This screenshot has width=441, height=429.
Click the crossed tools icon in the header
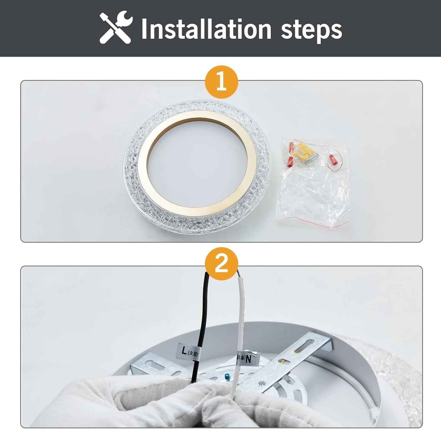click(116, 27)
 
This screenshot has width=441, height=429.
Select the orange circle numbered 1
click(221, 82)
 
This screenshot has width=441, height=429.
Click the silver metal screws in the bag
click(311, 157)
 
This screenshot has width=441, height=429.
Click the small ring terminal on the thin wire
click(327, 166)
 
